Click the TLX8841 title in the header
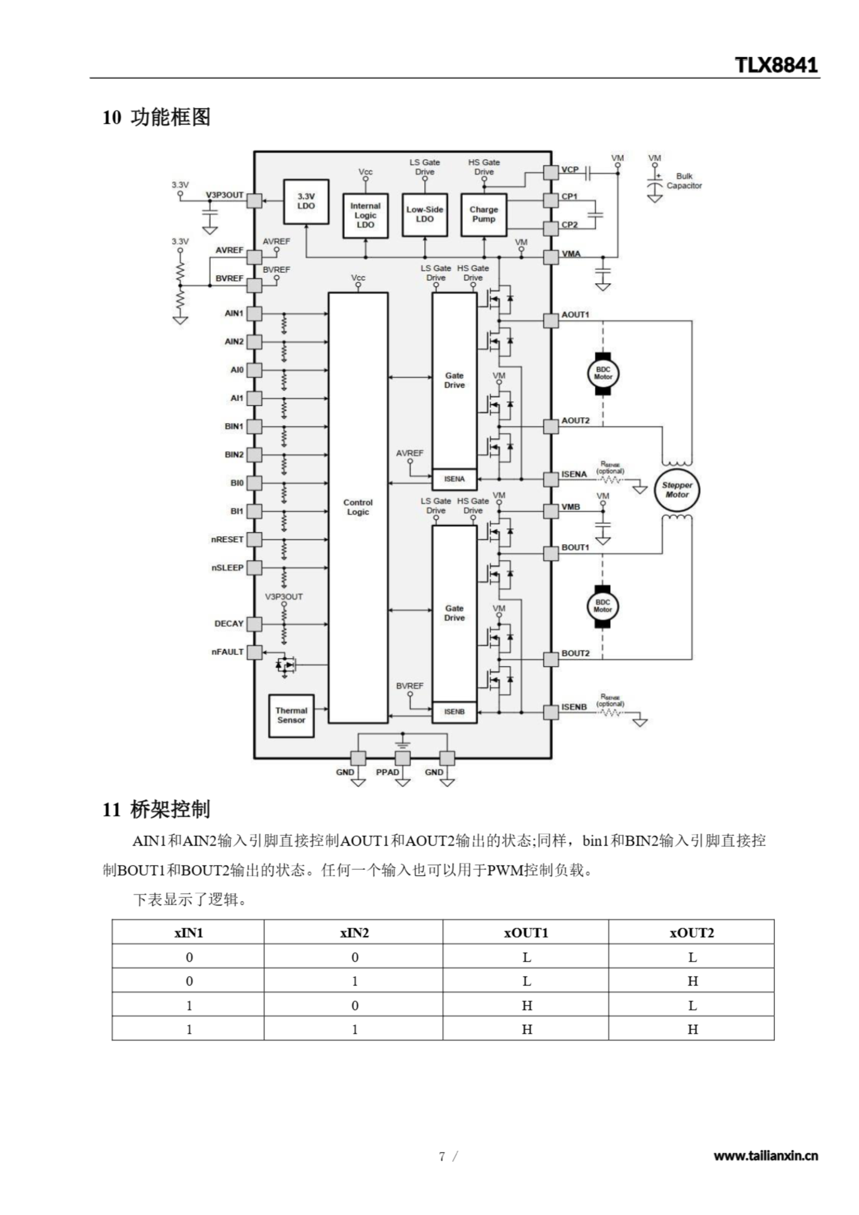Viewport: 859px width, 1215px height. pos(776,65)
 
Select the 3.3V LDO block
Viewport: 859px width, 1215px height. pos(306,201)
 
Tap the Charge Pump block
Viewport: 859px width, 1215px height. pos(483,215)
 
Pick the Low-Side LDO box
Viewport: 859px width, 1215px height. pos(424,215)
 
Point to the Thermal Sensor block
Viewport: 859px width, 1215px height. pos(291,715)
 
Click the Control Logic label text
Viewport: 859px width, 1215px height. pos(358,507)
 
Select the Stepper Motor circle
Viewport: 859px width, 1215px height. pos(677,490)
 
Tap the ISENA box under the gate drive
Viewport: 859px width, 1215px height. pos(454,479)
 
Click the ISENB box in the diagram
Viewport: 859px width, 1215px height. pos(454,712)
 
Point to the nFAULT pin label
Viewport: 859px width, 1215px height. pos(228,652)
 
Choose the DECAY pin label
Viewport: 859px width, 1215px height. pos(229,624)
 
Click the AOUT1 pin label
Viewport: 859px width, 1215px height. pos(575,315)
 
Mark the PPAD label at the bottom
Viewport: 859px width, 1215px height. pos(387,772)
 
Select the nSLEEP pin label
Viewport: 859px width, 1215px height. pos(228,568)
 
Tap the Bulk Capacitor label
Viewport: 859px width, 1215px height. pos(684,181)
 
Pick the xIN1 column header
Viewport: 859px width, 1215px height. pos(188,933)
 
